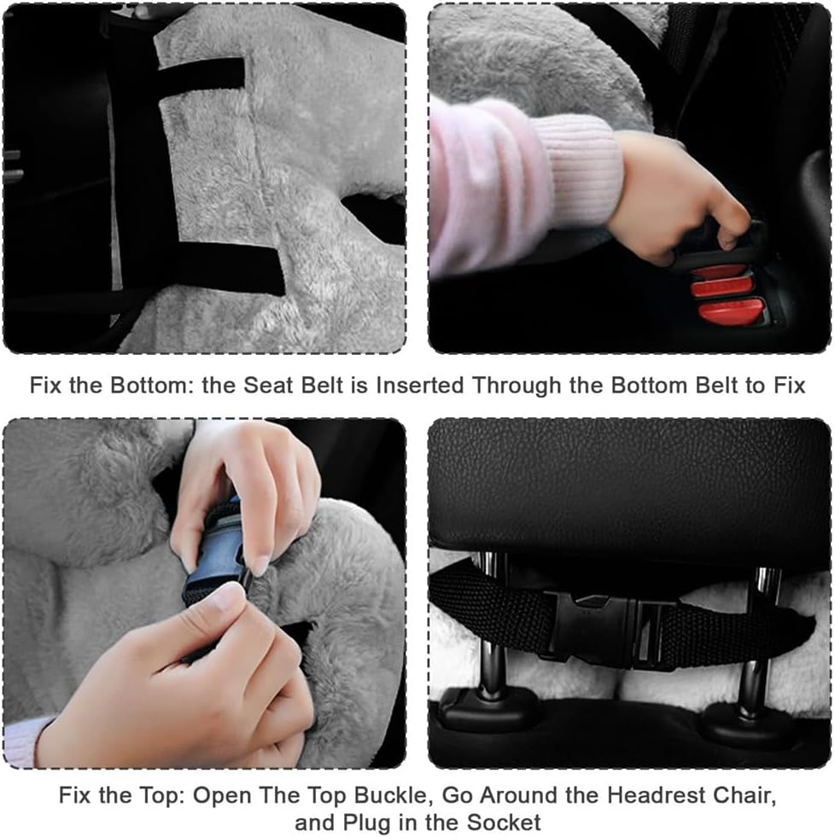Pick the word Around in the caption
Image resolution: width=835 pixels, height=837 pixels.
(520, 795)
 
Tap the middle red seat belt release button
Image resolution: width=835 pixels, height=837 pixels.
(721, 286)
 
